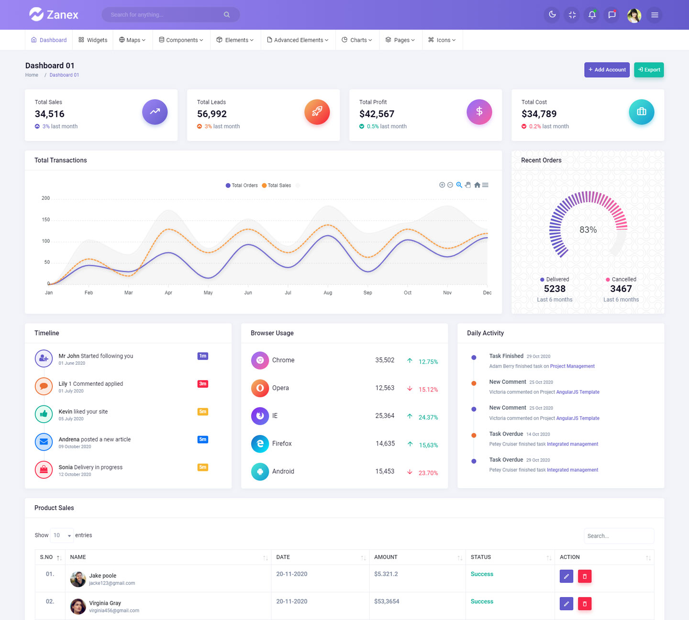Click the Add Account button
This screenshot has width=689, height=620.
[607, 70]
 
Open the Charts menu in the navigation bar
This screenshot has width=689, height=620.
[357, 40]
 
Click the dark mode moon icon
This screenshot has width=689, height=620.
[552, 15]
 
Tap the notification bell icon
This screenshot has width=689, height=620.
[592, 15]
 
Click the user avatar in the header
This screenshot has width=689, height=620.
[634, 15]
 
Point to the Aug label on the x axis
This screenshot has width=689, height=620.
[328, 293]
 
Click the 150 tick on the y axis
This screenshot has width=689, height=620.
[46, 220]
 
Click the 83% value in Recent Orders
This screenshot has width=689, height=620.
[588, 230]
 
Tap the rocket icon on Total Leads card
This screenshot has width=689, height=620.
[317, 112]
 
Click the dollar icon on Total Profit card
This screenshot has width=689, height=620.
[479, 112]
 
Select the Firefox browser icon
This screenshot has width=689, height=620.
[260, 444]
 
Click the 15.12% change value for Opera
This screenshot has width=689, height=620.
[428, 390]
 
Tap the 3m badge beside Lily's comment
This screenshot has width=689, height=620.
[203, 384]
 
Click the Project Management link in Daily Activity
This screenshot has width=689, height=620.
[572, 366]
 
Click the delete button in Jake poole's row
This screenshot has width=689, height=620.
[584, 576]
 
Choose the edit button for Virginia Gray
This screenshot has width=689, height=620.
[566, 604]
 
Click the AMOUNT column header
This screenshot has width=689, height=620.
[386, 557]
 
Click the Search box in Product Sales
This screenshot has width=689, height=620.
[618, 536]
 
